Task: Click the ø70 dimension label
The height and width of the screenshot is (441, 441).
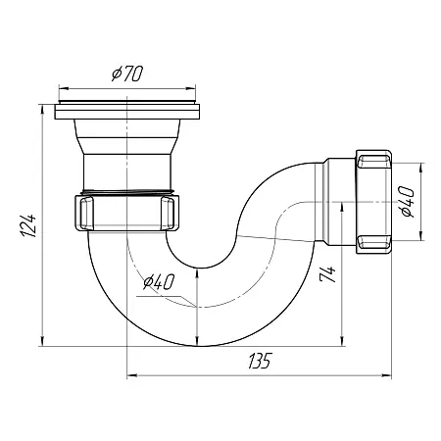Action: click(127, 73)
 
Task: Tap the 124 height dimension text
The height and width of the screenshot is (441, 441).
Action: click(27, 225)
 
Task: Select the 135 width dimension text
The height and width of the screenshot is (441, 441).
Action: click(260, 361)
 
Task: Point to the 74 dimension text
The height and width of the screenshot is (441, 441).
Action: click(327, 274)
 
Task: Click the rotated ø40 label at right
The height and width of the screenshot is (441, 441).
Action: click(407, 202)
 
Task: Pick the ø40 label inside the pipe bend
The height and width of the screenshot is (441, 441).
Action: click(159, 281)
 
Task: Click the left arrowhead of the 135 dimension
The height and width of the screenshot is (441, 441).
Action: click(131, 376)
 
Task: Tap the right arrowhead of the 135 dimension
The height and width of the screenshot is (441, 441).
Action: click(387, 376)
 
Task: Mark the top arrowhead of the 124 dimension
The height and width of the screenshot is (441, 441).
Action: click(42, 110)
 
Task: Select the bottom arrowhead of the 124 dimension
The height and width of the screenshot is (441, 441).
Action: click(42, 341)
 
